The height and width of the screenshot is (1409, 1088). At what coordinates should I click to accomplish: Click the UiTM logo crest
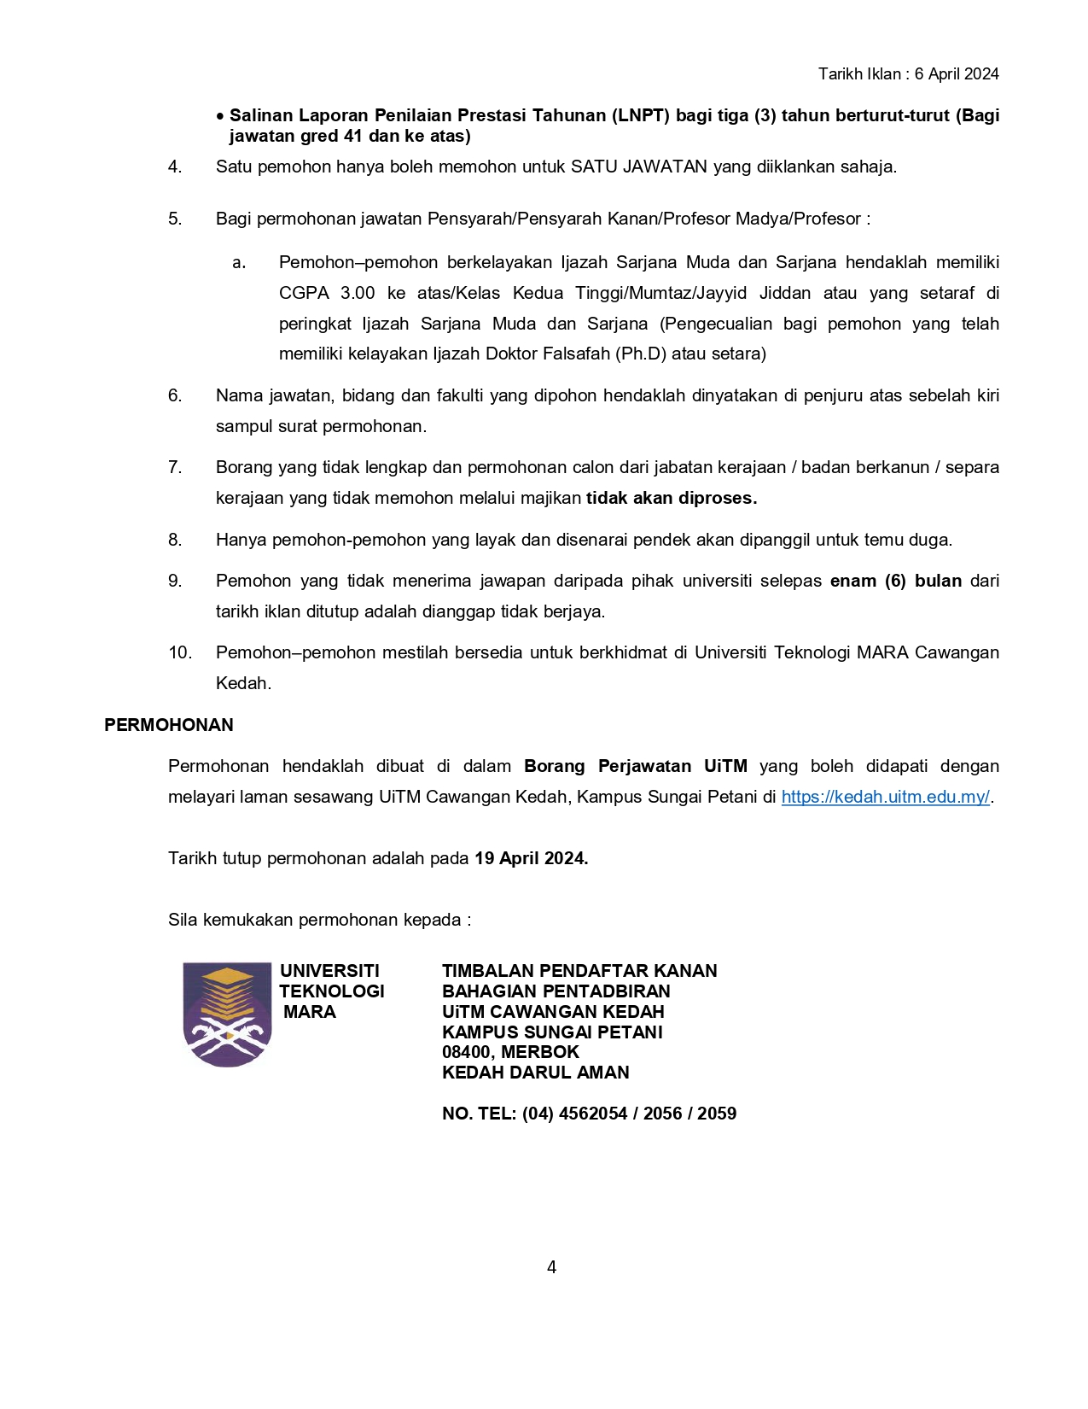click(x=227, y=1014)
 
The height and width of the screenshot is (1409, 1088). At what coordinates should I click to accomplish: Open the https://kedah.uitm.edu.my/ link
click(x=885, y=797)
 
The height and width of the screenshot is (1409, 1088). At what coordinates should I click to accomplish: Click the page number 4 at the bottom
click(x=551, y=1267)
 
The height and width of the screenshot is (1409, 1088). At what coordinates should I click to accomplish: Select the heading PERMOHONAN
click(x=169, y=725)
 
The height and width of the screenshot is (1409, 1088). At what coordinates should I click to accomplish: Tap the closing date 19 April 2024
click(x=531, y=858)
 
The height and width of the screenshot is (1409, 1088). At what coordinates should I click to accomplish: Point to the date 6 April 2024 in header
click(x=957, y=74)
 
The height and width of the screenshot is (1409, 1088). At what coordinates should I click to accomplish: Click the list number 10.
click(x=179, y=652)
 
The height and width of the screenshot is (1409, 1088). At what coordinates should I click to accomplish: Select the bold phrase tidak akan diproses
click(x=672, y=498)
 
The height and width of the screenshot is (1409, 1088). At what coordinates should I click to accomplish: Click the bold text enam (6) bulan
click(x=895, y=581)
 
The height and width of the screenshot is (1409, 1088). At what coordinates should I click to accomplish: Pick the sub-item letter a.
click(x=239, y=263)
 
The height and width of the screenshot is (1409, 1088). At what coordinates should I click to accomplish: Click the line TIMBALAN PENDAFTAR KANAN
click(x=579, y=971)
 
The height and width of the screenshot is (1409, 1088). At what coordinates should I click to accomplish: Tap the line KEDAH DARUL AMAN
click(x=535, y=1073)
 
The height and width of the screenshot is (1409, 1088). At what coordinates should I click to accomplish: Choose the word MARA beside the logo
click(x=310, y=1012)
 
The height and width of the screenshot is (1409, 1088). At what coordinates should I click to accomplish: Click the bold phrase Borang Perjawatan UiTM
click(x=635, y=766)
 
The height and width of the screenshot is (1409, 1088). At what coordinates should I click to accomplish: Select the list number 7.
click(x=175, y=467)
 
